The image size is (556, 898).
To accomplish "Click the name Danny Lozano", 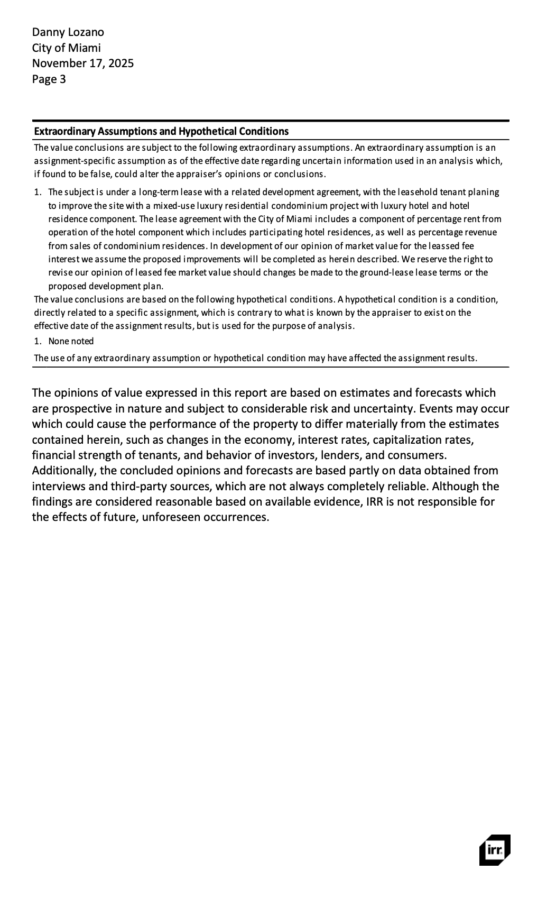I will point(68,32).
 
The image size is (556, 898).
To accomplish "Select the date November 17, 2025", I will point(82,63).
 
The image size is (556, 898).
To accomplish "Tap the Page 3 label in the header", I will point(49,79).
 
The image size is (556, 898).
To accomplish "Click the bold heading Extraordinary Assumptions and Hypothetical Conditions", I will point(161,131).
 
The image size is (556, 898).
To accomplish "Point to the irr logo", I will point(495,850).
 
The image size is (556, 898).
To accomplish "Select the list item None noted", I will point(71,341).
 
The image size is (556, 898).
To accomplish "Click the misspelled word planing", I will point(483,192).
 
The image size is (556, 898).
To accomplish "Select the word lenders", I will point(351,455).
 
